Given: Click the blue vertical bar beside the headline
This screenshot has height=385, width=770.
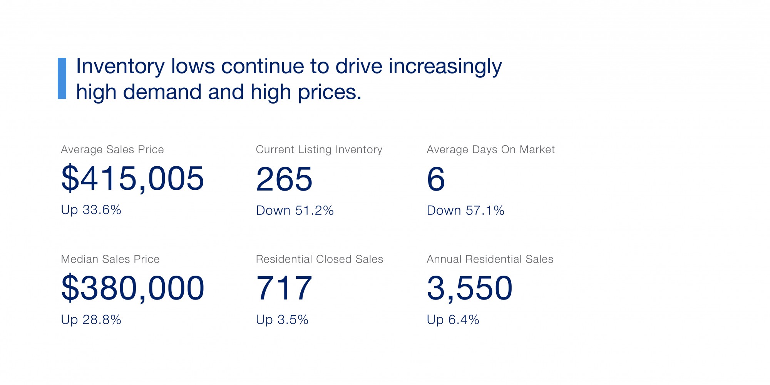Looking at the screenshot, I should (62, 79).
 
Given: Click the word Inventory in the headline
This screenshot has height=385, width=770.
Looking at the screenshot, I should (120, 66).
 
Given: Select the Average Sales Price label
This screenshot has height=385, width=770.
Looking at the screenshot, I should (112, 149).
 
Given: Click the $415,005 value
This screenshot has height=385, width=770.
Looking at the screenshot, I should (132, 179).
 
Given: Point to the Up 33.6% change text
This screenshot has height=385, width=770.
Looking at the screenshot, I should (91, 210).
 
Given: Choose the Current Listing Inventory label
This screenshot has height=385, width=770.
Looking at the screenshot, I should (319, 149).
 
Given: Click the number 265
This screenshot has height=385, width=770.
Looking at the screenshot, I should (284, 179).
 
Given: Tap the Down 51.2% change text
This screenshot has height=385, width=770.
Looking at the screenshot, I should (295, 211).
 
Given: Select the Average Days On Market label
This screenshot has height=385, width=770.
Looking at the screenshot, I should (490, 149).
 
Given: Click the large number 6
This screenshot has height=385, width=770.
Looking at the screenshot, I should (436, 179).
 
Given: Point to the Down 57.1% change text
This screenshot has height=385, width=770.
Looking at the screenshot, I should (465, 211).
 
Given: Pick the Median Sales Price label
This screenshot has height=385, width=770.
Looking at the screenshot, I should (110, 259).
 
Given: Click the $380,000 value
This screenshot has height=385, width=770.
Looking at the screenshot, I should (132, 288).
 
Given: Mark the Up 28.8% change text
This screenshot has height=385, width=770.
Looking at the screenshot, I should (91, 320).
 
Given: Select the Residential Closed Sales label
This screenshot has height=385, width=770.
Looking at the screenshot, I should (319, 259).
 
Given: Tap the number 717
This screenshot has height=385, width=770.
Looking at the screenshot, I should (284, 288).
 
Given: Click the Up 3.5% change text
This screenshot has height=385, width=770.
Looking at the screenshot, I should (282, 320).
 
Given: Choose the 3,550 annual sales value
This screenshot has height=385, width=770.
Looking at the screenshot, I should (469, 288).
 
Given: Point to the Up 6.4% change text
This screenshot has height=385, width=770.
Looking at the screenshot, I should (453, 320).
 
